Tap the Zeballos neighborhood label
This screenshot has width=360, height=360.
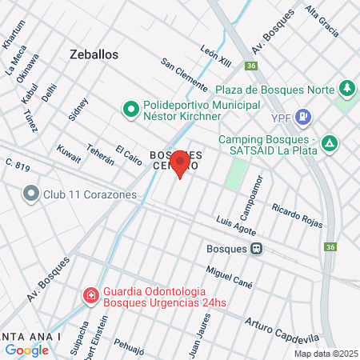click(x=94, y=54)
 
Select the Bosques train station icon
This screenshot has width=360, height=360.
click(x=257, y=248)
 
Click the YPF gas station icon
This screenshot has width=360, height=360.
click(x=303, y=118)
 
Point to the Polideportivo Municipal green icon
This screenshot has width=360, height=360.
click(x=130, y=107)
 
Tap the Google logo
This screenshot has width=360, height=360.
click(x=26, y=350)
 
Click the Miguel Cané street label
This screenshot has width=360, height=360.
click(x=230, y=274)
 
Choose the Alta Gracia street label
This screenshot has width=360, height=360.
click(x=323, y=26)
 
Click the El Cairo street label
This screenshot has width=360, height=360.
click(x=128, y=156)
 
